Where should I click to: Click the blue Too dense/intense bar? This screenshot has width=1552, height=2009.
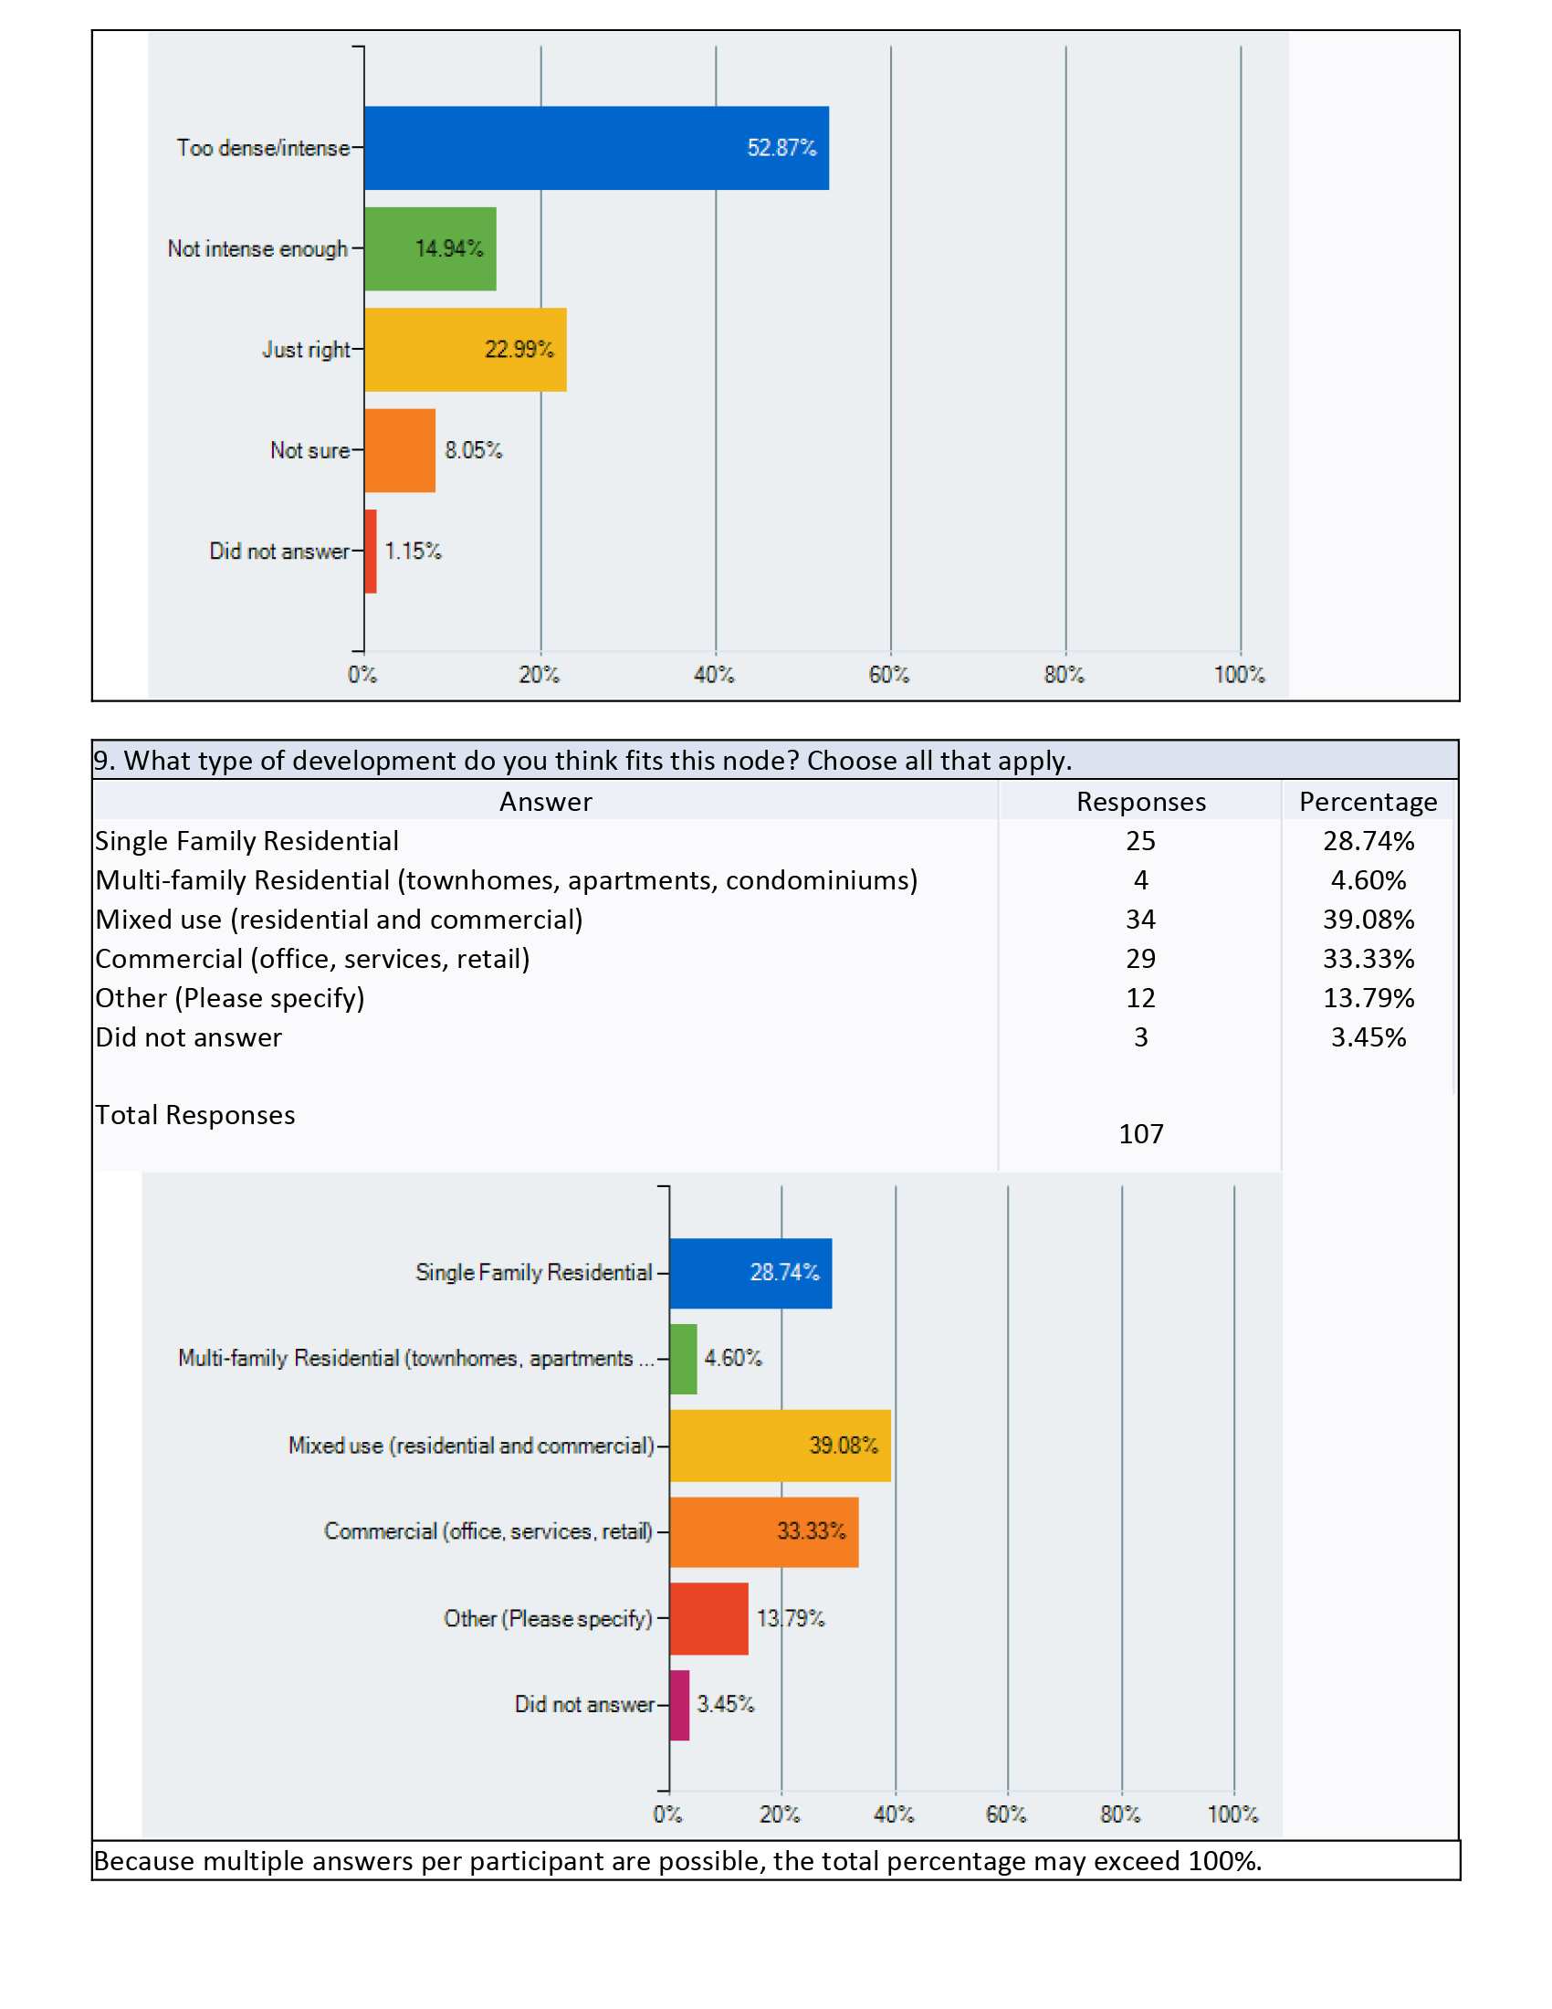pyautogui.click(x=597, y=148)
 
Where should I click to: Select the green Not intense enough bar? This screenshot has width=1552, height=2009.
pyautogui.click(x=430, y=248)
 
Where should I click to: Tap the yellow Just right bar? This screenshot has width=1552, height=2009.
pyautogui.click(x=466, y=350)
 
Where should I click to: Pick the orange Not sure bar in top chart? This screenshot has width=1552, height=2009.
pyautogui.click(x=400, y=451)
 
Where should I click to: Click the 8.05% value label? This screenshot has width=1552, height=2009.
pyautogui.click(x=474, y=450)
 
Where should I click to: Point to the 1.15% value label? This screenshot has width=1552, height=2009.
pyautogui.click(x=413, y=551)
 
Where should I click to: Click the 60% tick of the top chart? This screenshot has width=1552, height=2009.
pyautogui.click(x=889, y=674)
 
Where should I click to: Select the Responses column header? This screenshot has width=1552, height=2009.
pyautogui.click(x=1141, y=801)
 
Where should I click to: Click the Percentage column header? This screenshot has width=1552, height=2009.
pyautogui.click(x=1368, y=801)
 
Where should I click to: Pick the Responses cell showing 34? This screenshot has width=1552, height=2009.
pyautogui.click(x=1141, y=919)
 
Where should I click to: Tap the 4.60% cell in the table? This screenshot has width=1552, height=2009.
pyautogui.click(x=1368, y=880)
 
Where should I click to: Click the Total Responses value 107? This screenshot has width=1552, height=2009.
pyautogui.click(x=1141, y=1133)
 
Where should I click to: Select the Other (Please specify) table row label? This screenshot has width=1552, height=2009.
pyautogui.click(x=230, y=998)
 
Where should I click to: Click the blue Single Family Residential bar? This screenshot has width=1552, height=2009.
pyautogui.click(x=750, y=1273)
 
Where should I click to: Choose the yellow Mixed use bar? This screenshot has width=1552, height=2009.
pyautogui.click(x=780, y=1446)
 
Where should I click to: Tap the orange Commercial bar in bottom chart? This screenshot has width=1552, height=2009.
pyautogui.click(x=764, y=1531)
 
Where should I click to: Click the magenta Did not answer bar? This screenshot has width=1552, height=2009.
pyautogui.click(x=679, y=1705)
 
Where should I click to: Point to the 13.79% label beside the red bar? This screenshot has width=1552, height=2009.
pyautogui.click(x=791, y=1618)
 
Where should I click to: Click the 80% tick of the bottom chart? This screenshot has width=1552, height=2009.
pyautogui.click(x=1120, y=1814)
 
